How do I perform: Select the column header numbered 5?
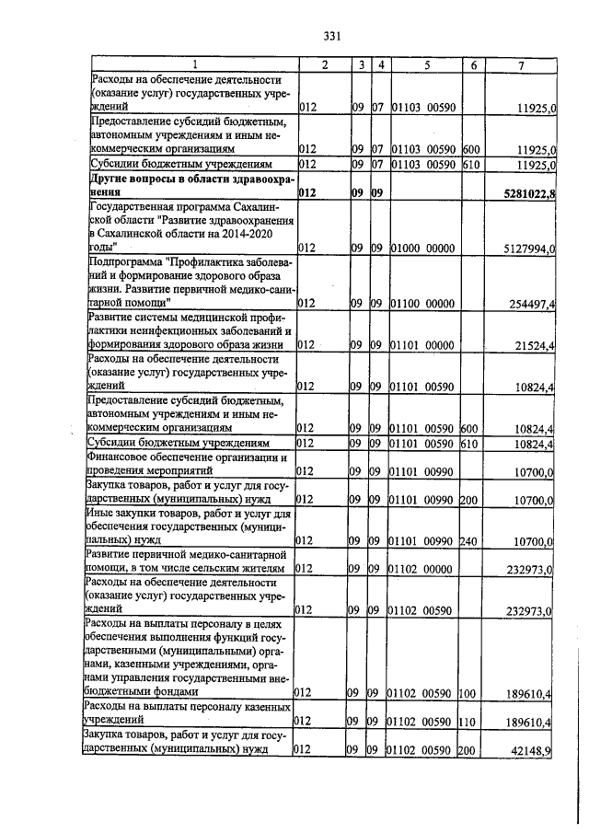tap(427, 64)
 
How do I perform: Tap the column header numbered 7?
tap(522, 64)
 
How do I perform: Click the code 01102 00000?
tap(421, 571)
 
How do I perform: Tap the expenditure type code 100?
tap(468, 691)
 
